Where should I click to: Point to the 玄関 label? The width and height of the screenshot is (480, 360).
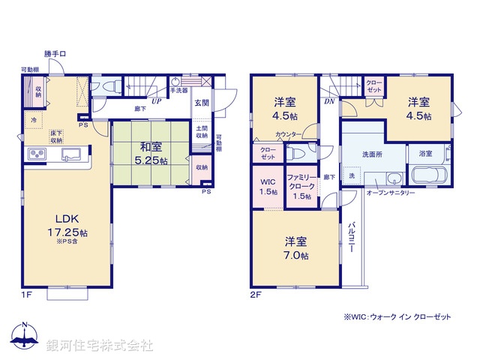[x=202, y=103]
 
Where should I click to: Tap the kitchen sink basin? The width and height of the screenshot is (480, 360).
[x=72, y=154]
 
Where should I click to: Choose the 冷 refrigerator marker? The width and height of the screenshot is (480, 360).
[x=34, y=119]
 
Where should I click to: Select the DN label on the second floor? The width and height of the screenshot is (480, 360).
[x=329, y=101]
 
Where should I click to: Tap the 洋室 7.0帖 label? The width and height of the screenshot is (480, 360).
[x=295, y=248]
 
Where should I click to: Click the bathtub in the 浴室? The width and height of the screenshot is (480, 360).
[x=430, y=178]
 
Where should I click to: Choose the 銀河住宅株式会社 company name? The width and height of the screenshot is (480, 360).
[x=100, y=345]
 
